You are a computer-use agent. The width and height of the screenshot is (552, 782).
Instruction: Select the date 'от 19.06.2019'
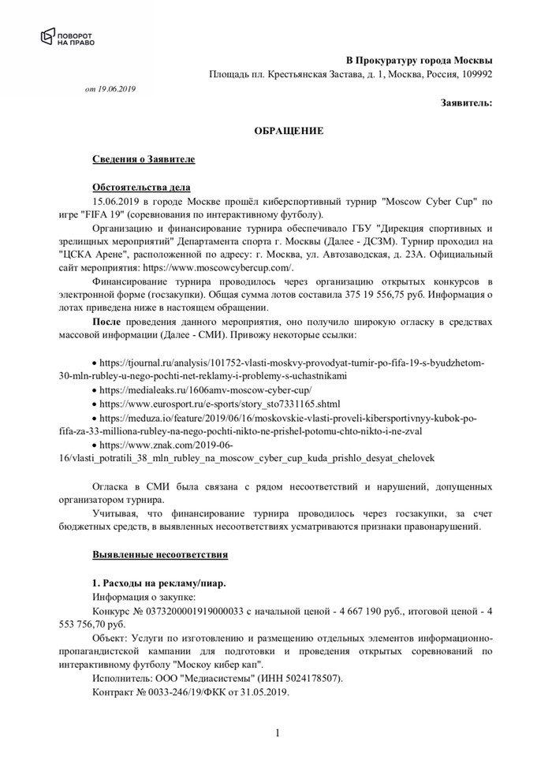click(110, 89)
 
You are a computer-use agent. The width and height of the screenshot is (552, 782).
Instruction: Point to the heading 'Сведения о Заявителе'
click(144, 159)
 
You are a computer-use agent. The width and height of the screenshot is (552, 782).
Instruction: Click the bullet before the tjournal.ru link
click(95, 363)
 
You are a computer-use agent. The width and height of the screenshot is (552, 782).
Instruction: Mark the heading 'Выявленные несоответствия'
click(160, 555)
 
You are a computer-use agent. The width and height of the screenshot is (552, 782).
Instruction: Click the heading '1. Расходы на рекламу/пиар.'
click(158, 583)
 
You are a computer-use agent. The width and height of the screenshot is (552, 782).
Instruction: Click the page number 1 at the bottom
click(278, 735)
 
